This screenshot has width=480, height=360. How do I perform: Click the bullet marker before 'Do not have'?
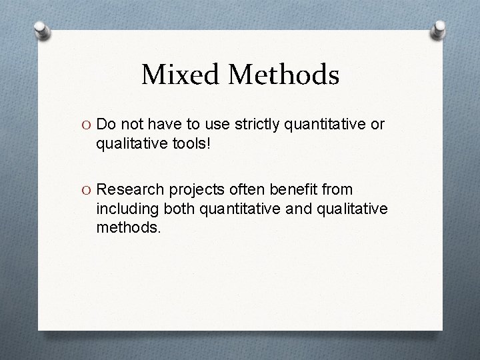(87, 125)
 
